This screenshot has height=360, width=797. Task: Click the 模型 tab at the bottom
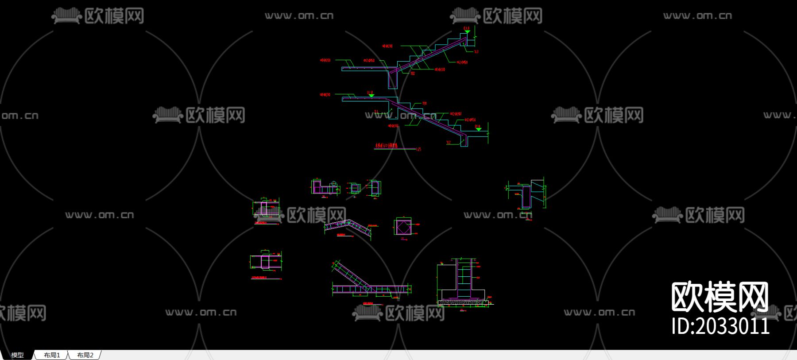pyautogui.click(x=17, y=355)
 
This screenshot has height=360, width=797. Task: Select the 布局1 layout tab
pyautogui.click(x=52, y=355)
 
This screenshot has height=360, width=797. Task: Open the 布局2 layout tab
pyautogui.click(x=85, y=355)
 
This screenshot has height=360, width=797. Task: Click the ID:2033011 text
pyautogui.click(x=720, y=326)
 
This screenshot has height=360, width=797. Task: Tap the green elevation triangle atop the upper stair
pyautogui.click(x=467, y=32)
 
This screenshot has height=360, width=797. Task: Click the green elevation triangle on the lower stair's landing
pyautogui.click(x=371, y=96)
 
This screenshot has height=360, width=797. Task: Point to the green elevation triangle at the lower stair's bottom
pyautogui.click(x=478, y=129)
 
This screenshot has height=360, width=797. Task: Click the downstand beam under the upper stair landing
pyautogui.click(x=393, y=80)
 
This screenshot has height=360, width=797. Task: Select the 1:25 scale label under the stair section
pyautogui.click(x=418, y=149)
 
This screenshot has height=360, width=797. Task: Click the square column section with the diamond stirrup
pyautogui.click(x=402, y=227)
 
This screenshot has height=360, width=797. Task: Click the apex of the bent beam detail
pyautogui.click(x=349, y=222)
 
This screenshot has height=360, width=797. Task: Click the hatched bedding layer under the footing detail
pyautogui.click(x=463, y=303)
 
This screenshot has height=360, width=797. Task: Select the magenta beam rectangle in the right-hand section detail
pyautogui.click(x=526, y=197)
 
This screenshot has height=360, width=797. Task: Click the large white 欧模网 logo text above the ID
pyautogui.click(x=720, y=297)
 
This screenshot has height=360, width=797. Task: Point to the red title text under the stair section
pyautogui.click(x=387, y=146)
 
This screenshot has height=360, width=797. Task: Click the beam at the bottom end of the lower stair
pyautogui.click(x=464, y=141)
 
